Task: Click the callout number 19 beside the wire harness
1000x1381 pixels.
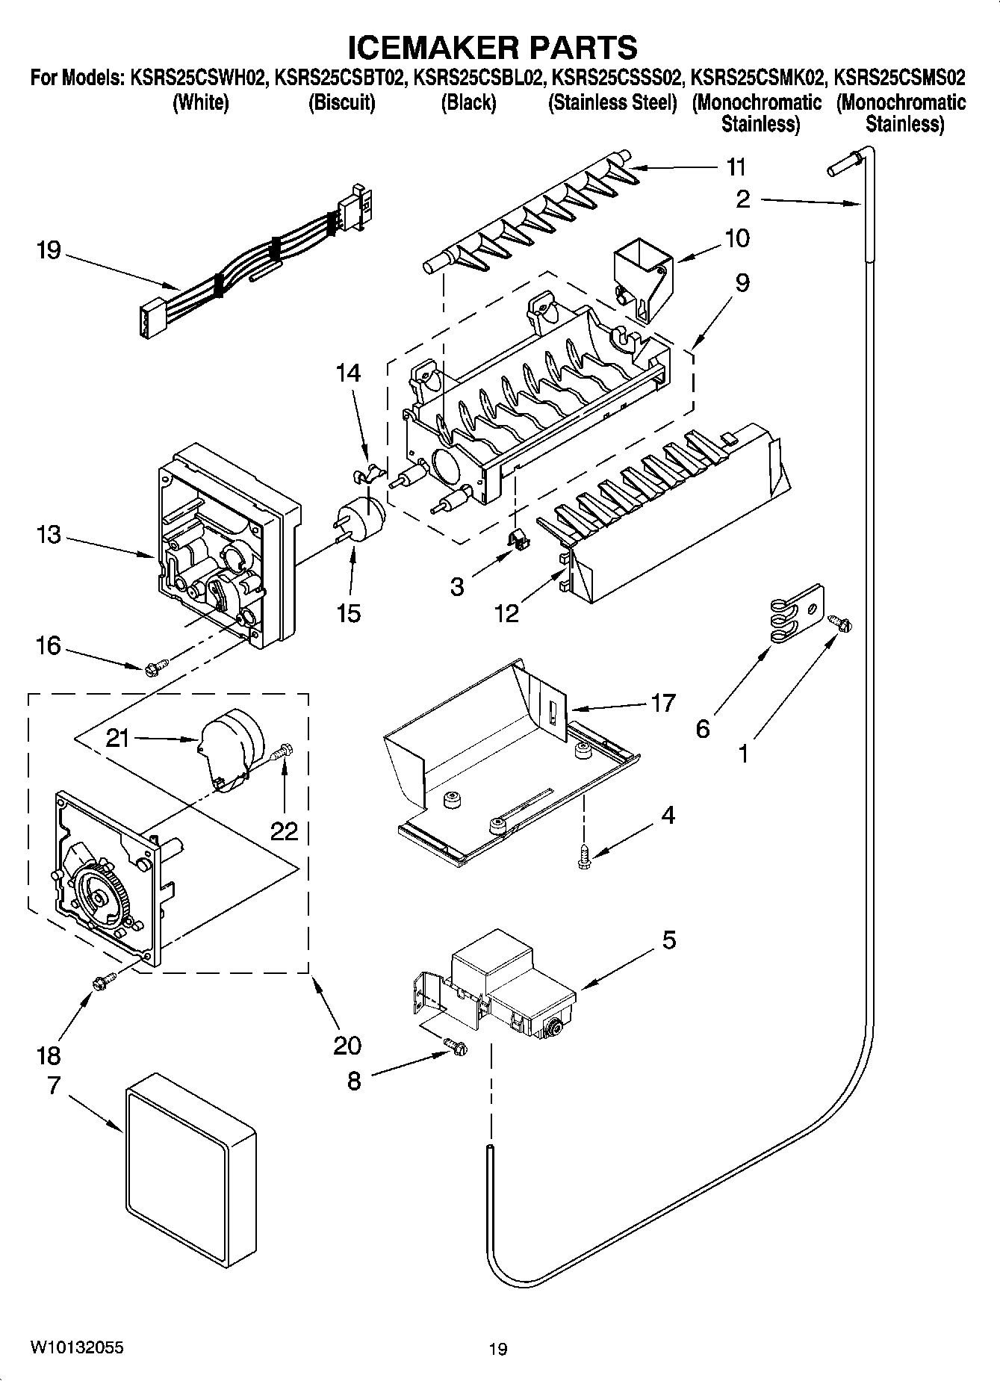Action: click(49, 249)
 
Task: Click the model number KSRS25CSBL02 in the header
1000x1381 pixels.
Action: click(478, 77)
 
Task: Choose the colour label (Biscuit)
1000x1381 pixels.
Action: click(341, 102)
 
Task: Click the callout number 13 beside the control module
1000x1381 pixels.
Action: click(49, 535)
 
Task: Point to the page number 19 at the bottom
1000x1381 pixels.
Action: click(498, 1349)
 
